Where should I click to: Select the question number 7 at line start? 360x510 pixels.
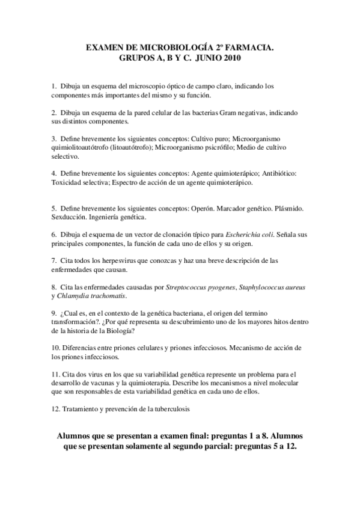click(x=54, y=261)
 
